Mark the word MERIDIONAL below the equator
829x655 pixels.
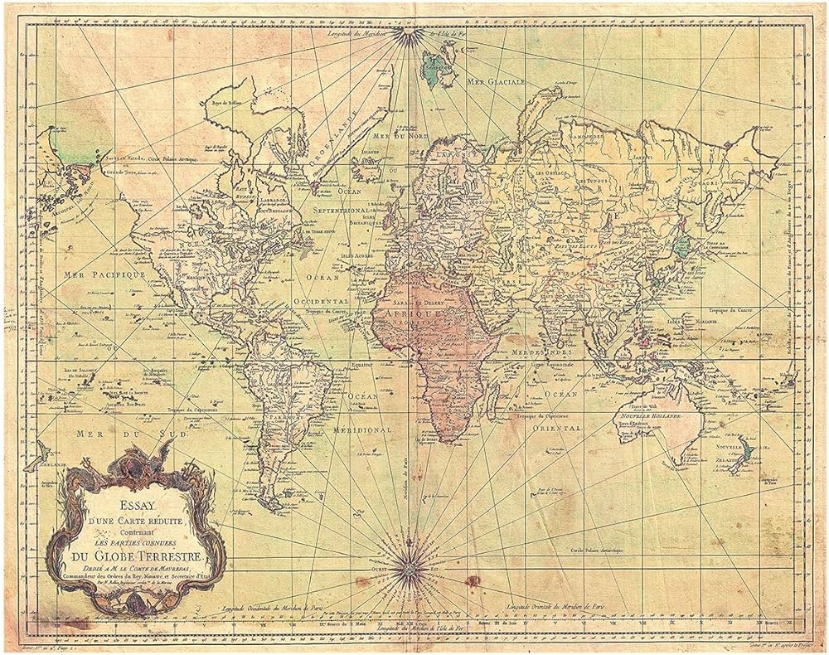point(362,431)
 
